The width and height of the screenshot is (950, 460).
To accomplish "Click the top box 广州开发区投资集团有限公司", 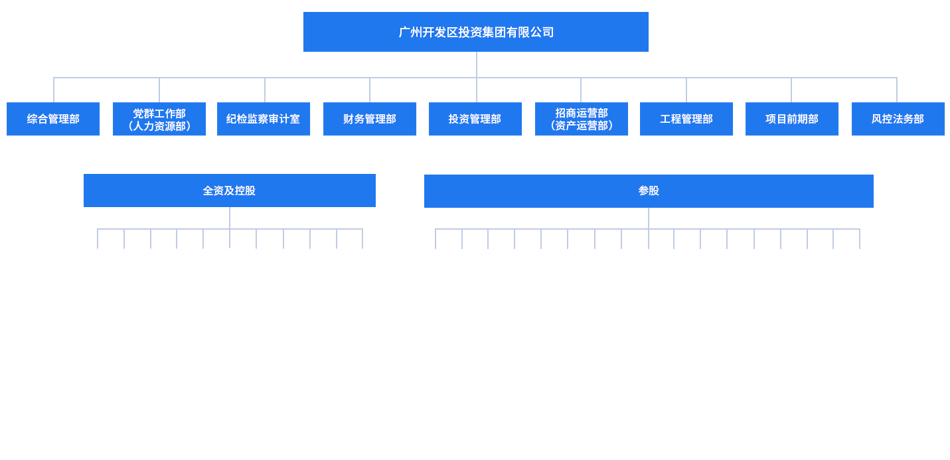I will click(x=475, y=32).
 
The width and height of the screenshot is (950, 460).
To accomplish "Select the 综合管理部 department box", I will click(x=53, y=119).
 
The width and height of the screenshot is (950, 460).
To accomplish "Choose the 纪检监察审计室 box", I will click(x=264, y=119).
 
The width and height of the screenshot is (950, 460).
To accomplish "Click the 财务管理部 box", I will click(x=370, y=119).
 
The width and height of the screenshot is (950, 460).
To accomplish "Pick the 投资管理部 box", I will click(x=475, y=119).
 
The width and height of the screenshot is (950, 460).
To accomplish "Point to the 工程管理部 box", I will click(x=686, y=119).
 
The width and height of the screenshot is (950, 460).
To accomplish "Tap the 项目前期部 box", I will click(x=792, y=119).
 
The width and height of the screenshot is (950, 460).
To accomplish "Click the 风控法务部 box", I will click(x=898, y=119).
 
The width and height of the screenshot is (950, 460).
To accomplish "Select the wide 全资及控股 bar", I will click(x=229, y=191).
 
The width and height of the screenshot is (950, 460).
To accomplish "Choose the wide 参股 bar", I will click(x=649, y=191).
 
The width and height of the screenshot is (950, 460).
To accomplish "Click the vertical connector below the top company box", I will click(x=477, y=64).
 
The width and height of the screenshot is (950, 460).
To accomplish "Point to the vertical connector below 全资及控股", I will click(x=230, y=218).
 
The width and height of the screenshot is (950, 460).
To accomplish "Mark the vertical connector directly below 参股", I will click(x=649, y=218).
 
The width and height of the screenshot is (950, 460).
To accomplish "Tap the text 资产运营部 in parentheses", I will click(x=582, y=125).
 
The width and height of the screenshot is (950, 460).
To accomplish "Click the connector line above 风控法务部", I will click(x=897, y=90).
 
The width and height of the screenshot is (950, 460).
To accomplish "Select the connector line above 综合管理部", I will click(x=54, y=90).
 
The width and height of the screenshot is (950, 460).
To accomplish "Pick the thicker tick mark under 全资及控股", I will click(x=150, y=239).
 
